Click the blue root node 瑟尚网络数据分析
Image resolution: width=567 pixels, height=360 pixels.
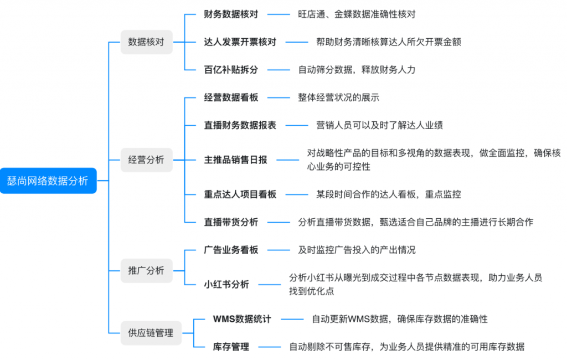[48, 181]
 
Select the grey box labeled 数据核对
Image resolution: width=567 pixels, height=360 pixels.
[146, 42]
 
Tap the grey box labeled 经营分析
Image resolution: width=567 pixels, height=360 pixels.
[146, 160]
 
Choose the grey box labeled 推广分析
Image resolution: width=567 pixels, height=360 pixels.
[146, 270]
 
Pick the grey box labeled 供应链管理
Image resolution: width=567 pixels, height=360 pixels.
[151, 333]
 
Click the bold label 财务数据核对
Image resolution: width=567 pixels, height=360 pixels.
[231, 14]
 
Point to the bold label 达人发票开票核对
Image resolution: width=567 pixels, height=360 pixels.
[240, 42]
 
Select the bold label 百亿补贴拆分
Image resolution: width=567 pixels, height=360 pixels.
[231, 69]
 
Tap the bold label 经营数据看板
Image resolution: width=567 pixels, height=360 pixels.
[231, 97]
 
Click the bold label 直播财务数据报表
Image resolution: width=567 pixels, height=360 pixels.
[240, 125]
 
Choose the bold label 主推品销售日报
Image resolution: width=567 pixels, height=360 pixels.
[235, 160]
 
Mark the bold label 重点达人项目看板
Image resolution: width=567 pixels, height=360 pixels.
[240, 194]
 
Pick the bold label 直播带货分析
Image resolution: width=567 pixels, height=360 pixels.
[231, 222]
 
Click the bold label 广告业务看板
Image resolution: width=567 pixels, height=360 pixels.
[231, 250]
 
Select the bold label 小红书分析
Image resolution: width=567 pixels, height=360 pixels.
[226, 284]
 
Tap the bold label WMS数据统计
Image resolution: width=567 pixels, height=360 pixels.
[242, 319]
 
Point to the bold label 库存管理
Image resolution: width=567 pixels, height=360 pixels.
[231, 347]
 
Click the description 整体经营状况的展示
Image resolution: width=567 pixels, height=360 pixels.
[338, 97]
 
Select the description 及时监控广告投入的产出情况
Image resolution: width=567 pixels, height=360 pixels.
[357, 250]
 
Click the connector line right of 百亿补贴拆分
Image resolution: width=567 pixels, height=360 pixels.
[279, 70]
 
